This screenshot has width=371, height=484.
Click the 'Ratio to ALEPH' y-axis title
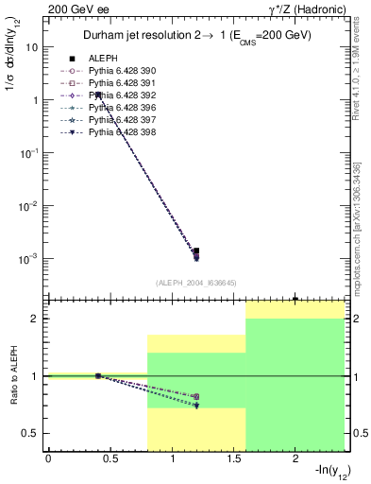click(13, 375)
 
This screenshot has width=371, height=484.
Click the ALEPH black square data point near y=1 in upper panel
click(98, 95)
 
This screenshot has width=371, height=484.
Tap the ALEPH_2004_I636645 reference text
click(194, 282)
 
